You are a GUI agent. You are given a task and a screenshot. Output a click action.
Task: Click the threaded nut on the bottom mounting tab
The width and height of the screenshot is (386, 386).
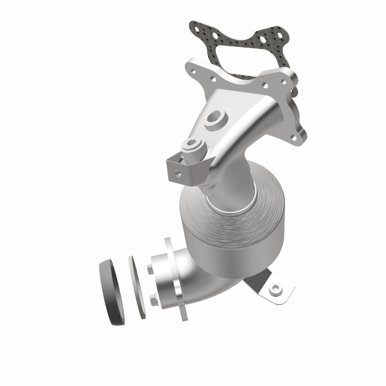pyautogui.click(x=276, y=290)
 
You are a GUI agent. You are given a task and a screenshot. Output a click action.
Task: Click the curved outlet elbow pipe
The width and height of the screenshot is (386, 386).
pyautogui.click(x=193, y=285)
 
